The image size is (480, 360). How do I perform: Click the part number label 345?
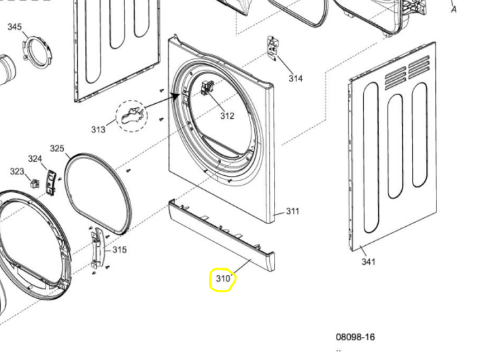[14, 27]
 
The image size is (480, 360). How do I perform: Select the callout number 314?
[295, 79]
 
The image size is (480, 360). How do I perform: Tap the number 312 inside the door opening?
[226, 115]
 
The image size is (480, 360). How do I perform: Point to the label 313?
[99, 130]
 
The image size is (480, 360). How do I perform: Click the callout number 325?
[57, 149]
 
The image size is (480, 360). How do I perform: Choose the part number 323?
[17, 172]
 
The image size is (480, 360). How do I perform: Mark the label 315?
[120, 250]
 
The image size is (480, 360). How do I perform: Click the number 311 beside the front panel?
[292, 211]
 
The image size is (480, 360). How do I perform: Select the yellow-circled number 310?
[223, 278]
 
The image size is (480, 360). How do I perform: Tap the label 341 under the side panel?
[368, 262]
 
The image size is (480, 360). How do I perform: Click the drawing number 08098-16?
[355, 337]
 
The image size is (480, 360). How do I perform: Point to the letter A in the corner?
[453, 10]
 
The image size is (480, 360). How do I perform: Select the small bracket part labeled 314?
[273, 47]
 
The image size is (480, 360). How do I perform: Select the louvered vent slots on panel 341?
[407, 73]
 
